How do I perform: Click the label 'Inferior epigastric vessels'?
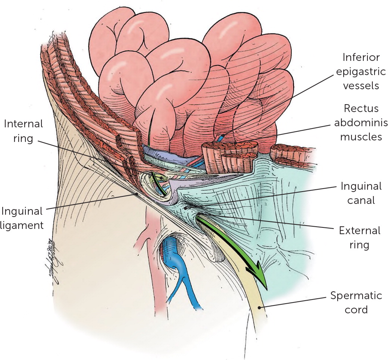[360, 71]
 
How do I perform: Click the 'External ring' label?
[360, 238]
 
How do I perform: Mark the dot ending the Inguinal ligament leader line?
[137, 194]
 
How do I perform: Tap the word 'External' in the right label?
[360, 230]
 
